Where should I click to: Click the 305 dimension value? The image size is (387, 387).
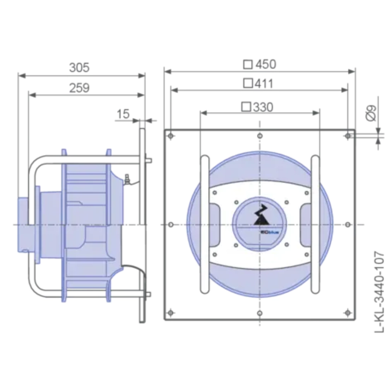[x=79, y=67]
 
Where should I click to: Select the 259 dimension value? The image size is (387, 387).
[x=79, y=88]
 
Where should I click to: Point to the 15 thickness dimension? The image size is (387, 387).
[x=123, y=114]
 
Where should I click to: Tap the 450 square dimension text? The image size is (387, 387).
[x=260, y=64]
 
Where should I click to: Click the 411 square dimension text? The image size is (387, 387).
[x=259, y=83]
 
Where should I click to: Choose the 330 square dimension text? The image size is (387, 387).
[x=257, y=107]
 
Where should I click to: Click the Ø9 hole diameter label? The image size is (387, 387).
[x=370, y=114]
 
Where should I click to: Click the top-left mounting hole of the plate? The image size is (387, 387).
[x=171, y=136]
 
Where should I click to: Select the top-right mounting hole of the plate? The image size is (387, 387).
[x=348, y=136]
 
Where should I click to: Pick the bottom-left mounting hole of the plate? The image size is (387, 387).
[x=171, y=313]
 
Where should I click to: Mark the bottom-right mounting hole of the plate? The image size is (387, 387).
[x=348, y=313]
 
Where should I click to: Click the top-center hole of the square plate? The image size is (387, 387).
[x=260, y=136]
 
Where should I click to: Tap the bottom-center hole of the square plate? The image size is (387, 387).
[x=260, y=313]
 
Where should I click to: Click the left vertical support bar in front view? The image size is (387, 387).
[x=204, y=224]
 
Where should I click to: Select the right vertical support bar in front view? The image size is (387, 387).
[x=315, y=224]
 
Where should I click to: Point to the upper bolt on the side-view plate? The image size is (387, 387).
[x=148, y=160]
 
